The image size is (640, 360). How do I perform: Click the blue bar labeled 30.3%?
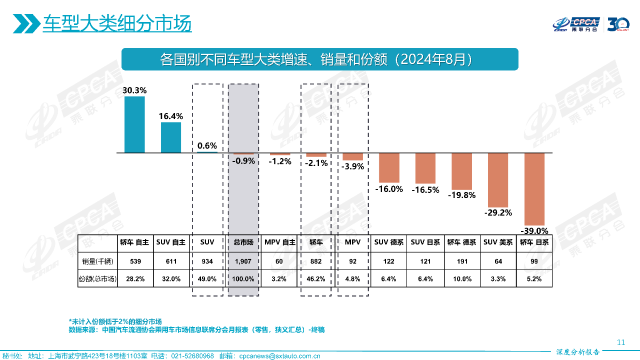point(134,124)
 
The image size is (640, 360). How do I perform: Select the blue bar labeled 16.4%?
point(171,137)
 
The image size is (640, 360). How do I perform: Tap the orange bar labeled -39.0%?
point(534,189)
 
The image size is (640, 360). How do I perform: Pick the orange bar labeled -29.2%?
point(498,180)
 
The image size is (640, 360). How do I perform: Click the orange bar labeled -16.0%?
point(389,167)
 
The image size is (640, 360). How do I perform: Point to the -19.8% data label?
point(461,195)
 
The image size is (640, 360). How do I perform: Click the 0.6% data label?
point(207,146)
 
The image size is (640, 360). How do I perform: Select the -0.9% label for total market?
point(243,161)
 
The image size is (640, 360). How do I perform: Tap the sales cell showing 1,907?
point(243,261)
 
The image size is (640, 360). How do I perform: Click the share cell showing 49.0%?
point(207,279)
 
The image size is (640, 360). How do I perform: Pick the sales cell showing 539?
point(134,261)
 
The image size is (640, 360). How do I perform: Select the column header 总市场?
point(243,242)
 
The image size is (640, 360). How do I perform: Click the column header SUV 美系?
point(498,242)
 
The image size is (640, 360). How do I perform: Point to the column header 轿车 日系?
point(534,242)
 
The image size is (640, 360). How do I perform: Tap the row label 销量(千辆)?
point(98,261)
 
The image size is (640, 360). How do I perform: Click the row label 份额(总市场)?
point(98,279)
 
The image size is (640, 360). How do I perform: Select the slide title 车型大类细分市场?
point(117,23)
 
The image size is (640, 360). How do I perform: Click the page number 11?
point(621,342)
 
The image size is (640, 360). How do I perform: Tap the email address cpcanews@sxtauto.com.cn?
point(279,356)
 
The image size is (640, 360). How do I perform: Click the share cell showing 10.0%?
point(461,279)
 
